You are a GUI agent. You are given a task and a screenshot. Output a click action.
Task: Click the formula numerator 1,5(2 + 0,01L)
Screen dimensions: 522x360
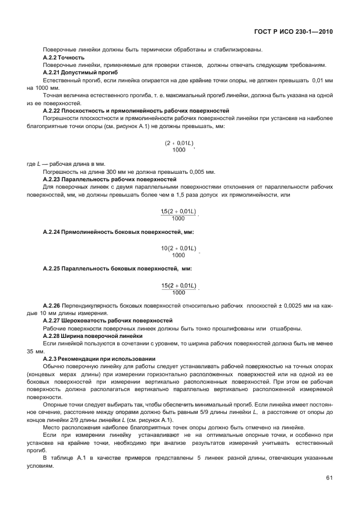(x=178, y=212)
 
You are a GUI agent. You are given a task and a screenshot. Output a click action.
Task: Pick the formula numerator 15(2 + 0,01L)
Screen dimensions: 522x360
(x=178, y=285)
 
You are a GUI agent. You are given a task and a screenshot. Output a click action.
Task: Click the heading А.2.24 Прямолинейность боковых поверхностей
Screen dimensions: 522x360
(x=118, y=232)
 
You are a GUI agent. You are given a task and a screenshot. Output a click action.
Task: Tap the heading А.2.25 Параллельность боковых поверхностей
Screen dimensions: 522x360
(x=117, y=269)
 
